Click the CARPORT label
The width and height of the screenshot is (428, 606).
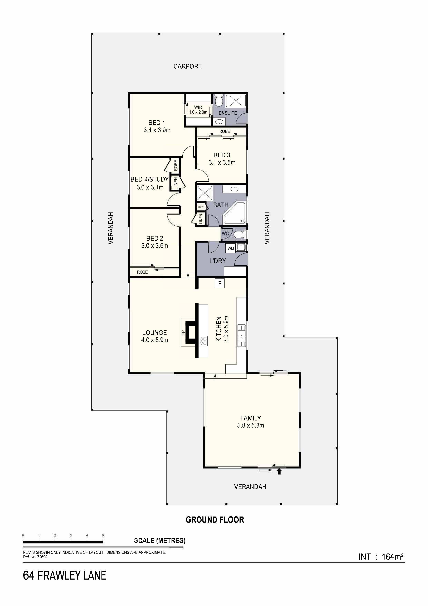click(187, 66)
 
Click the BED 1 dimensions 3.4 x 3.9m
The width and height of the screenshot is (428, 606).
click(157, 130)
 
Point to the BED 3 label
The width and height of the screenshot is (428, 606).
click(222, 155)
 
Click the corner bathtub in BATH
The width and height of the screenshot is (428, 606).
click(235, 213)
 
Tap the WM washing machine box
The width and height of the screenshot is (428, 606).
click(231, 248)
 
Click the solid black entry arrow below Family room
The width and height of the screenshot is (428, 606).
click(279, 471)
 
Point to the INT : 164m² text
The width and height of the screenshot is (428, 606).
click(381, 557)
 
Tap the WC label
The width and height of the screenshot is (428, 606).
click(225, 234)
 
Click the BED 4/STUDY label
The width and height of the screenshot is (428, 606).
click(149, 179)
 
